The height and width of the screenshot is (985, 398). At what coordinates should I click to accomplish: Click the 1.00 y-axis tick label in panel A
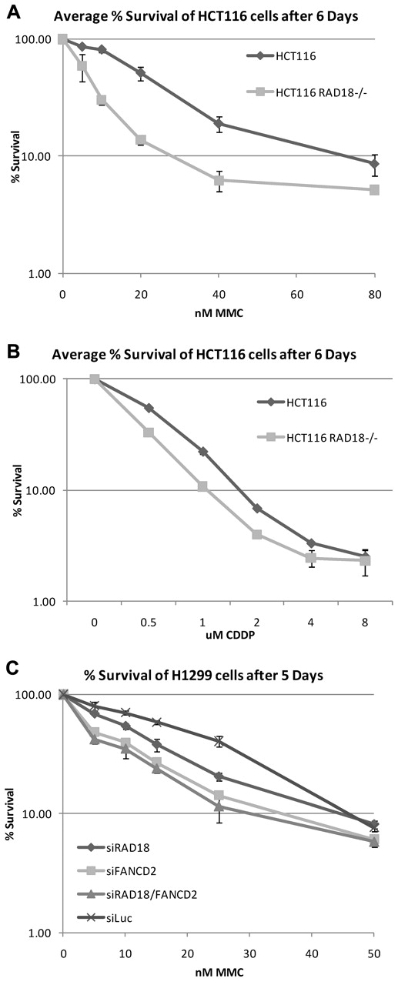[39, 273]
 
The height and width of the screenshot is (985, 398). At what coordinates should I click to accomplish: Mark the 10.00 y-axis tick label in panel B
[38, 490]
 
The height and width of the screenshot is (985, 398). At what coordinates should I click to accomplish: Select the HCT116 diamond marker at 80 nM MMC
[374, 164]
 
